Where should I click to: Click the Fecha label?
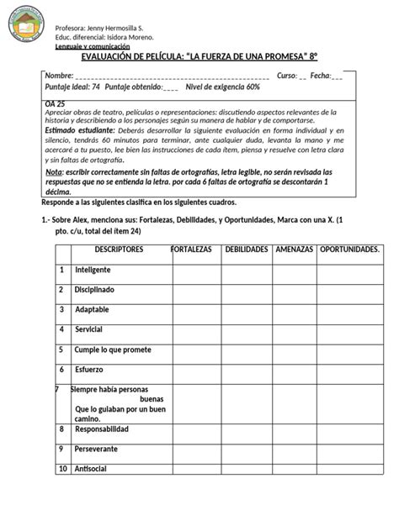click(322, 76)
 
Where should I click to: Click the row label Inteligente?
click(93, 270)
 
